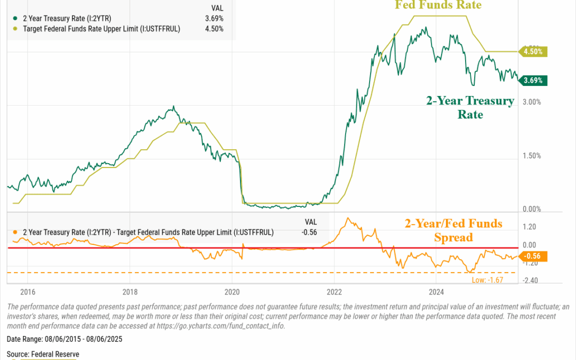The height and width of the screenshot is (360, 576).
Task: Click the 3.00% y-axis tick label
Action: point(532,102)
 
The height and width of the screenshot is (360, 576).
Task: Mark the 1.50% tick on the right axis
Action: point(532,156)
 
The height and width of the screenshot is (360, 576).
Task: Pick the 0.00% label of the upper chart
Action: point(532,209)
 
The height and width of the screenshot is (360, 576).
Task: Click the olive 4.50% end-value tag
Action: point(533,52)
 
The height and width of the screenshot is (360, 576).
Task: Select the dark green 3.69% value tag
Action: point(533,81)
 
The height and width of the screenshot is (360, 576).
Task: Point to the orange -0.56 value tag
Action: point(533,256)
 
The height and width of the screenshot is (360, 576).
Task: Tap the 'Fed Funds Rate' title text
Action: point(438,5)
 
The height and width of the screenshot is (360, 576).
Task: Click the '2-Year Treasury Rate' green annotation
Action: point(470,107)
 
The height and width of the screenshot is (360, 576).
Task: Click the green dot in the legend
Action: point(17,18)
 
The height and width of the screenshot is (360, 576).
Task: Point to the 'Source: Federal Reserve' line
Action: point(43,354)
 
